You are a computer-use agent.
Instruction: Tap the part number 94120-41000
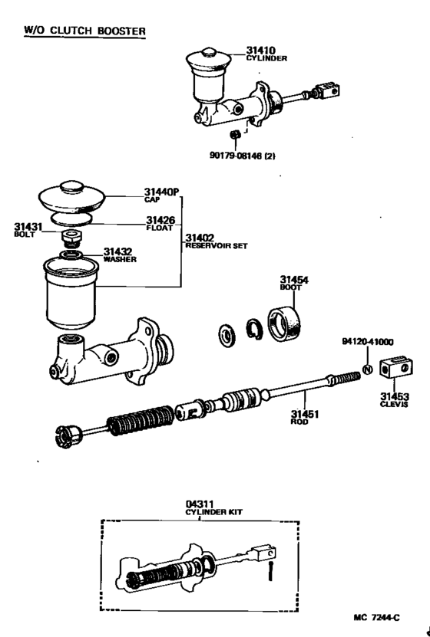[x=367, y=342]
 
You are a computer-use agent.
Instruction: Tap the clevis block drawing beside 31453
[x=396, y=370]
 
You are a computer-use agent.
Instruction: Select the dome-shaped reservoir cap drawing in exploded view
[x=71, y=195]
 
